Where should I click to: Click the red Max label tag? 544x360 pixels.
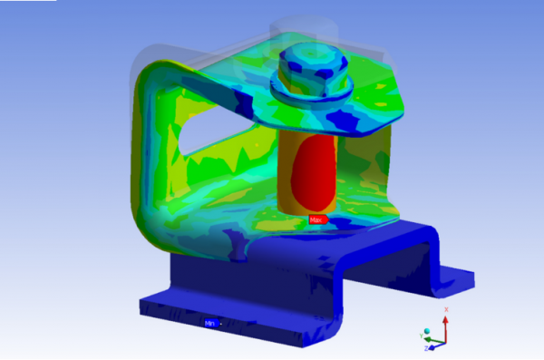coord(316,219)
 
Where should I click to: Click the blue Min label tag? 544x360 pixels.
coord(209,322)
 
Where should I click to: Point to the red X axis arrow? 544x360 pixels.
coord(445,325)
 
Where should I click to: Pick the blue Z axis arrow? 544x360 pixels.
coord(436,344)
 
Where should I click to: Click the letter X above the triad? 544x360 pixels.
coord(445,309)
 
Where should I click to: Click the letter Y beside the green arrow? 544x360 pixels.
coord(421,336)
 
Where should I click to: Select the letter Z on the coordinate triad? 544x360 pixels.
coord(428,347)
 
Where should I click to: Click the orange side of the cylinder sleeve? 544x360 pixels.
coord(287,177)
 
